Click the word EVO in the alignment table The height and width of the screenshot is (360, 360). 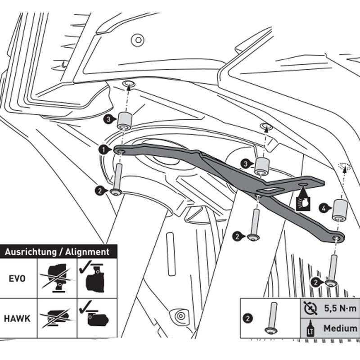(17, 278)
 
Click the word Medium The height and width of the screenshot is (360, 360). (340, 328)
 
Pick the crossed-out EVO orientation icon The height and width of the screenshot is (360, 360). (57, 278)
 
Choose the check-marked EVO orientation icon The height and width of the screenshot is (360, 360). (96, 277)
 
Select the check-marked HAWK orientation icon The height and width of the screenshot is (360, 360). (96, 317)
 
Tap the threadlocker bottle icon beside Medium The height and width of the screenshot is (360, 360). (310, 328)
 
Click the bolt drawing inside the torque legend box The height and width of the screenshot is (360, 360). (272, 318)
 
